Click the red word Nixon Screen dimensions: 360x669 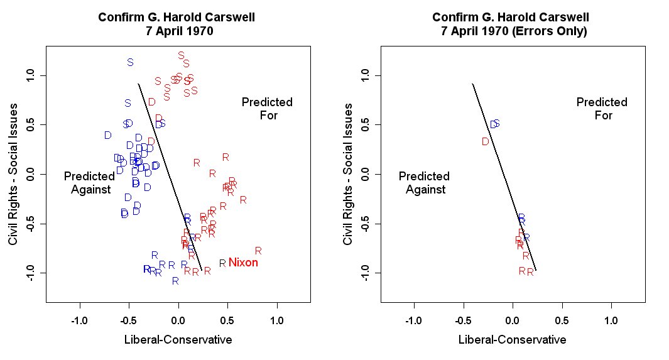(243, 263)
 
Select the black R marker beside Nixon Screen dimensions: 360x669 (222, 263)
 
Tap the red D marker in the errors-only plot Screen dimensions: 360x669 (485, 142)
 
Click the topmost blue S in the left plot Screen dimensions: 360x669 (130, 62)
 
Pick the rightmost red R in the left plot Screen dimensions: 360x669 (258, 251)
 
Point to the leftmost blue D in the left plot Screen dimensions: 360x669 (108, 135)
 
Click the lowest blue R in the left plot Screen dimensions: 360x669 (175, 281)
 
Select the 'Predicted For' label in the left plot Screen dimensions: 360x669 (267, 109)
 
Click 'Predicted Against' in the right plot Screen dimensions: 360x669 (424, 183)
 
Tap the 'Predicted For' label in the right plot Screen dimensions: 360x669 (602, 109)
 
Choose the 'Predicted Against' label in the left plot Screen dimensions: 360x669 (89, 183)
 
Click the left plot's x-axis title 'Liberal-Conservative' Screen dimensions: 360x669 (178, 340)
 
